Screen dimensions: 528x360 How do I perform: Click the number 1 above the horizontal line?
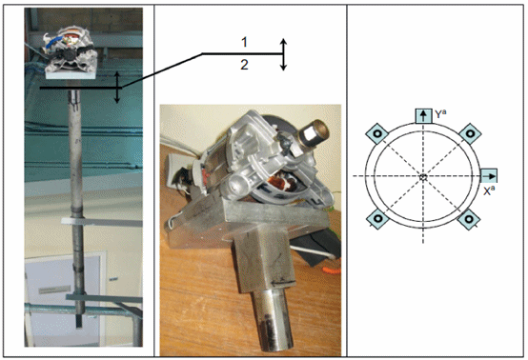[245, 43]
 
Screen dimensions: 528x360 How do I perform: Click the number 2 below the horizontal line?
[245, 65]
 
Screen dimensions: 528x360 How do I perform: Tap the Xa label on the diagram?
[489, 190]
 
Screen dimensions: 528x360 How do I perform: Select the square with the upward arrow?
[423, 116]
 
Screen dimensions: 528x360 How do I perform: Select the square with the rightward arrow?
[489, 176]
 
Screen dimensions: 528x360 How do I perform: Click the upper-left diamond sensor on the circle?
[377, 133]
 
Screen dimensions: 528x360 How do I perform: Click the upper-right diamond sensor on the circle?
[470, 133]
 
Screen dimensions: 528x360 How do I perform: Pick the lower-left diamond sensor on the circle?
[377, 219]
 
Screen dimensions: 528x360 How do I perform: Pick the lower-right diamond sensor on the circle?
[469, 219]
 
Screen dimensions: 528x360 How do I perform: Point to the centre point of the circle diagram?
[423, 176]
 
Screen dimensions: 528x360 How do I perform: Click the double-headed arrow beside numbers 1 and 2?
[283, 54]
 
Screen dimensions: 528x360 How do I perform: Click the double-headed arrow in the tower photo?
[117, 87]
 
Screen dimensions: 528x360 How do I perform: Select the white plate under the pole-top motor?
[71, 74]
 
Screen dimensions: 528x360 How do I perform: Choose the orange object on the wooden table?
[332, 270]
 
